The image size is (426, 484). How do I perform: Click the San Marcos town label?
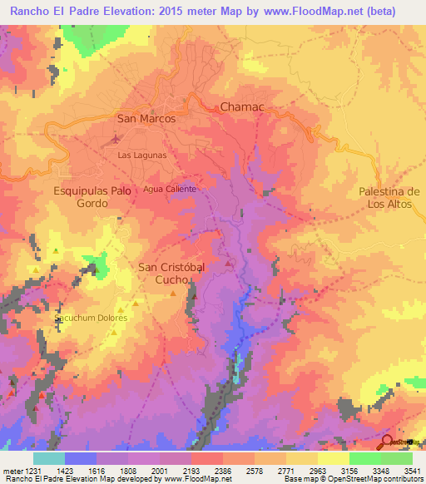146,119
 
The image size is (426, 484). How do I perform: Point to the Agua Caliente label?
170,189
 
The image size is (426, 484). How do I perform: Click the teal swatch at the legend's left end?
48,457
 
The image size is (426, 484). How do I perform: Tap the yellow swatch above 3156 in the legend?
333,457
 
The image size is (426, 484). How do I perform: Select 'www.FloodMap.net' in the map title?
317,11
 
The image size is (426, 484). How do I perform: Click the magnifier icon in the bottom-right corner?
387,442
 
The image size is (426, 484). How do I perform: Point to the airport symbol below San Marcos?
116,138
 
